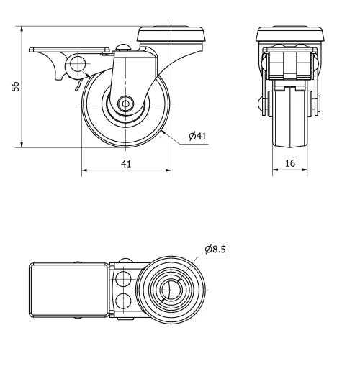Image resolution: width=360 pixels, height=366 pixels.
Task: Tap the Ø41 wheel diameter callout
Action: click(x=199, y=136)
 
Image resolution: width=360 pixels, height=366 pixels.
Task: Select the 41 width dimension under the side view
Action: click(x=126, y=164)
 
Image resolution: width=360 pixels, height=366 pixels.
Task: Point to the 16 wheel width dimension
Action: click(x=290, y=164)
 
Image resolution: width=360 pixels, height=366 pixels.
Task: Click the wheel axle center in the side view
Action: click(x=126, y=104)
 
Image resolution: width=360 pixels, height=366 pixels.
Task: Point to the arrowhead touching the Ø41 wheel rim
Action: click(x=165, y=132)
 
